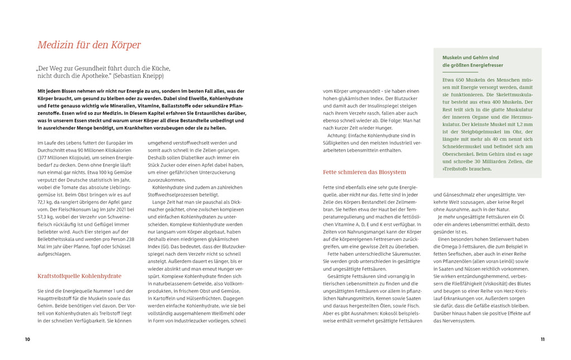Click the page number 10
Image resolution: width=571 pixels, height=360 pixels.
[x=27, y=339]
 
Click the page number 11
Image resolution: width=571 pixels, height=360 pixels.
[x=542, y=339]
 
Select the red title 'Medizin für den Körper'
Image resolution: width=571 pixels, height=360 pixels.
[x=89, y=45]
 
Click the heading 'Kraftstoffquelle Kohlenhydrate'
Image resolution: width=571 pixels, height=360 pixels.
[x=79, y=276]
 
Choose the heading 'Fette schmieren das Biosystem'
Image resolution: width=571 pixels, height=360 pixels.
[x=365, y=172]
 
